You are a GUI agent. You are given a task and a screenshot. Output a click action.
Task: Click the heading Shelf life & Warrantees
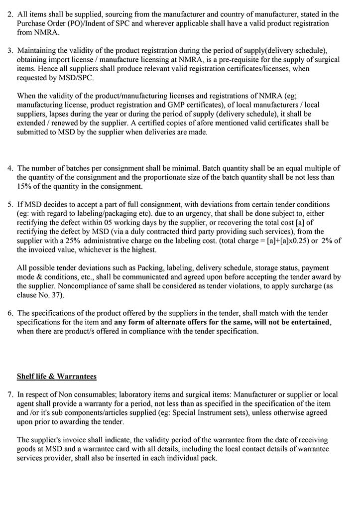(57, 376)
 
